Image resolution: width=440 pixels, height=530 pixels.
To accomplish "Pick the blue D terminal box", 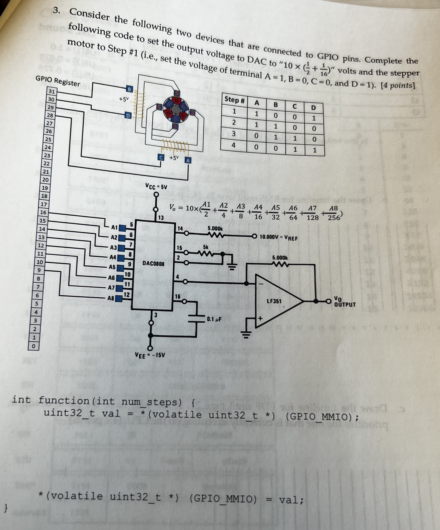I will [128, 116].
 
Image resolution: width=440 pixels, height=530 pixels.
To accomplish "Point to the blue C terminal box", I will [161, 157].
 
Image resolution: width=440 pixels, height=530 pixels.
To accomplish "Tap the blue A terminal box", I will [188, 160].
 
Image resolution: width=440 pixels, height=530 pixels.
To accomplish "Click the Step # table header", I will [234, 100].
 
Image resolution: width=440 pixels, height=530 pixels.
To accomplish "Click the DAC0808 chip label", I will [153, 263].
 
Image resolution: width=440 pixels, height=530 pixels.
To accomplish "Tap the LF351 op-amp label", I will [274, 301].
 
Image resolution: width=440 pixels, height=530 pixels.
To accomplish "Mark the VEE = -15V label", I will [150, 355].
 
